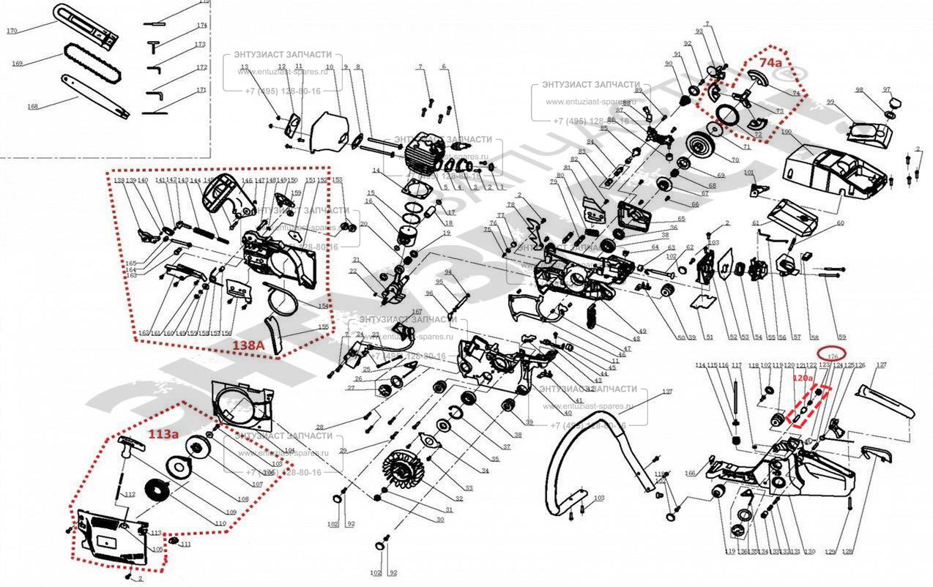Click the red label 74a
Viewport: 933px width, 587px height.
tap(770, 63)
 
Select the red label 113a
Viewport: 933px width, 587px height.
tap(163, 434)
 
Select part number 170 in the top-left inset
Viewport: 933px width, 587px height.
tap(12, 31)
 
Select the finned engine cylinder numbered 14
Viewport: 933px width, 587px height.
tap(420, 154)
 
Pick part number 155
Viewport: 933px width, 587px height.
tap(322, 327)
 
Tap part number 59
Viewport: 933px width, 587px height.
tap(842, 337)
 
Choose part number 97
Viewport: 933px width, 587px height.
tap(887, 90)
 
